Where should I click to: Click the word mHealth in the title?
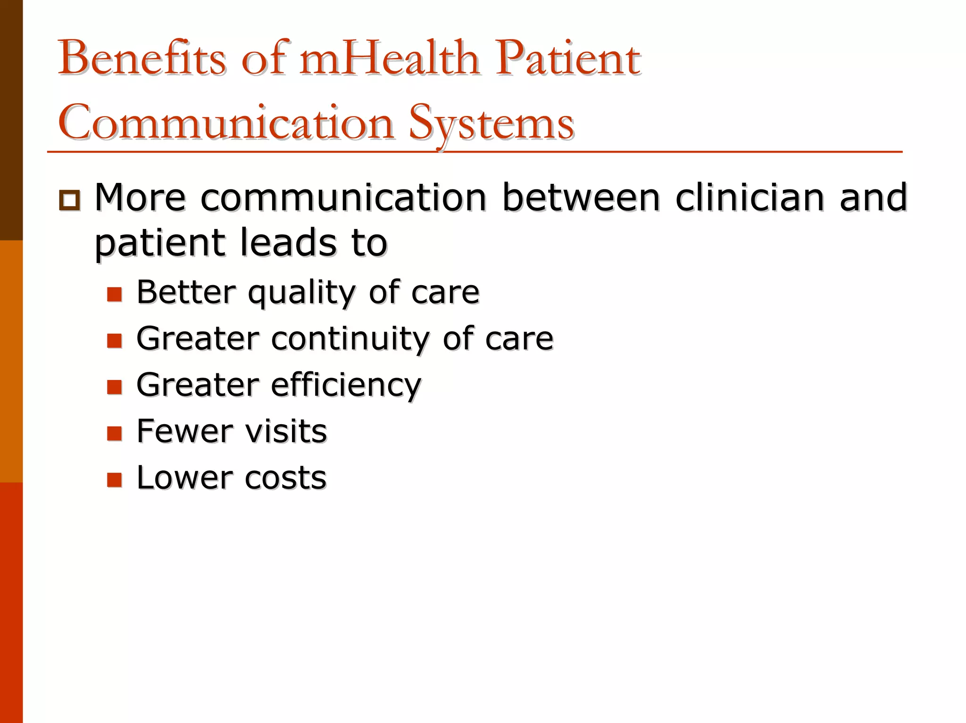coord(390,59)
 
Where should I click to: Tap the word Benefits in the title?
coord(142,59)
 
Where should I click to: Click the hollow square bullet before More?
coord(70,200)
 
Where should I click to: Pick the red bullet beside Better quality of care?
coord(115,294)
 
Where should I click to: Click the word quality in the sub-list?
coord(301,293)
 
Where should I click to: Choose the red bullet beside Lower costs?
coord(115,479)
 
